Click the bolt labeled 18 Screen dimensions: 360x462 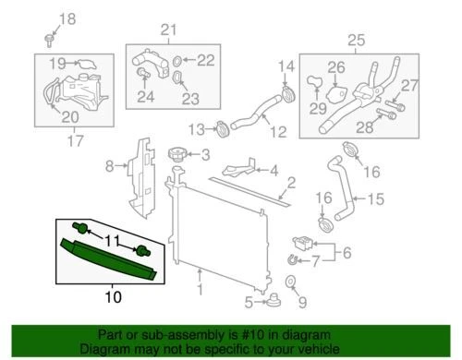(48, 38)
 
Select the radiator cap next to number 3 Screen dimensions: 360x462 (176, 153)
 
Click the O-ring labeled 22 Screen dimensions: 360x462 (178, 60)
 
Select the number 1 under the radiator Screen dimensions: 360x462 (200, 271)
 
